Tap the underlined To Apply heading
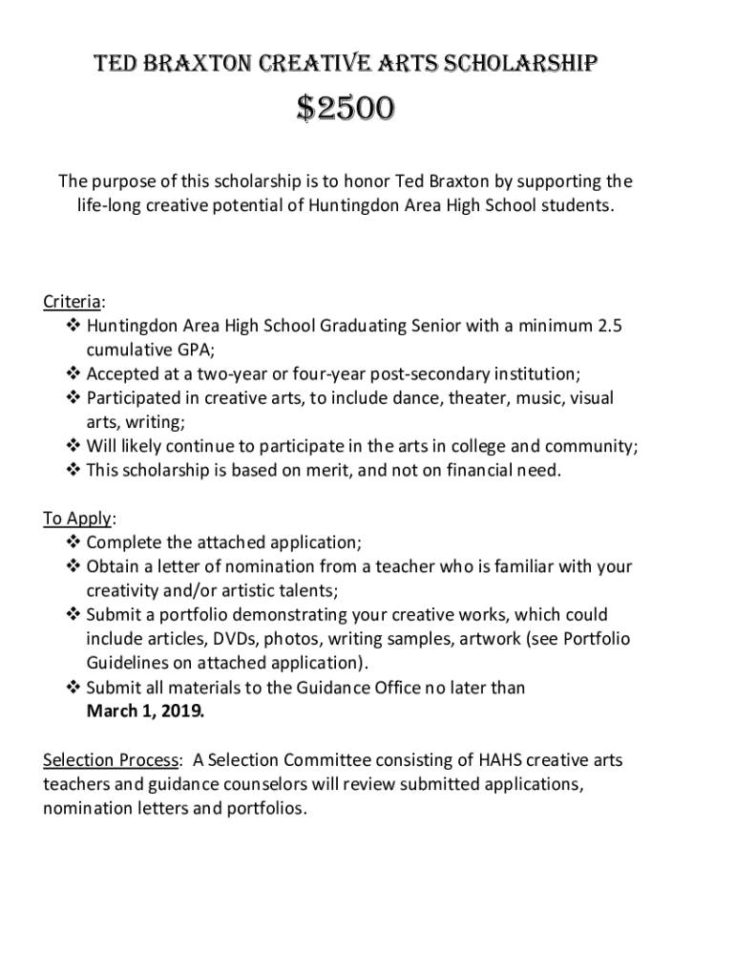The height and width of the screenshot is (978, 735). point(77,519)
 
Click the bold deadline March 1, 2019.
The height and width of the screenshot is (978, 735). point(145,712)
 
